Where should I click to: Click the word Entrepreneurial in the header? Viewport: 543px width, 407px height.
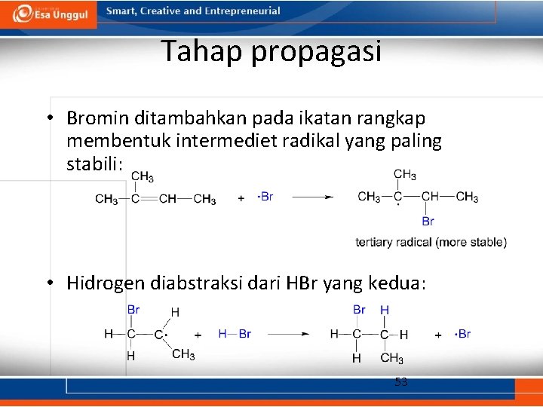coord(242,11)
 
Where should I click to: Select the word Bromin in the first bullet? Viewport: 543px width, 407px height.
coord(97,118)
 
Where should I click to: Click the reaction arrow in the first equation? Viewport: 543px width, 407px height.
coord(312,197)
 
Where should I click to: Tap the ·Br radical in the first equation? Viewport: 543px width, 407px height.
coord(265,197)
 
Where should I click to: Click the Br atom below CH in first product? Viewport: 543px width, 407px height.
coord(428,222)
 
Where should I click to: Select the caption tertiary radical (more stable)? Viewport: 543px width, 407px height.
coord(431,242)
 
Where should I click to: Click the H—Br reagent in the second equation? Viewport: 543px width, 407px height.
coord(235,334)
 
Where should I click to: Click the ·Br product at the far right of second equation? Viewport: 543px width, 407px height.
coord(463,334)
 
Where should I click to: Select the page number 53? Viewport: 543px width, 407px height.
coord(401,382)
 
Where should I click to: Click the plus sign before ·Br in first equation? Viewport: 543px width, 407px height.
coord(241,198)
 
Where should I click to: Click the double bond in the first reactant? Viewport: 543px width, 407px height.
coord(148,199)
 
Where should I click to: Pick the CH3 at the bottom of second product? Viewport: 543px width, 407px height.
coord(391,358)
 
